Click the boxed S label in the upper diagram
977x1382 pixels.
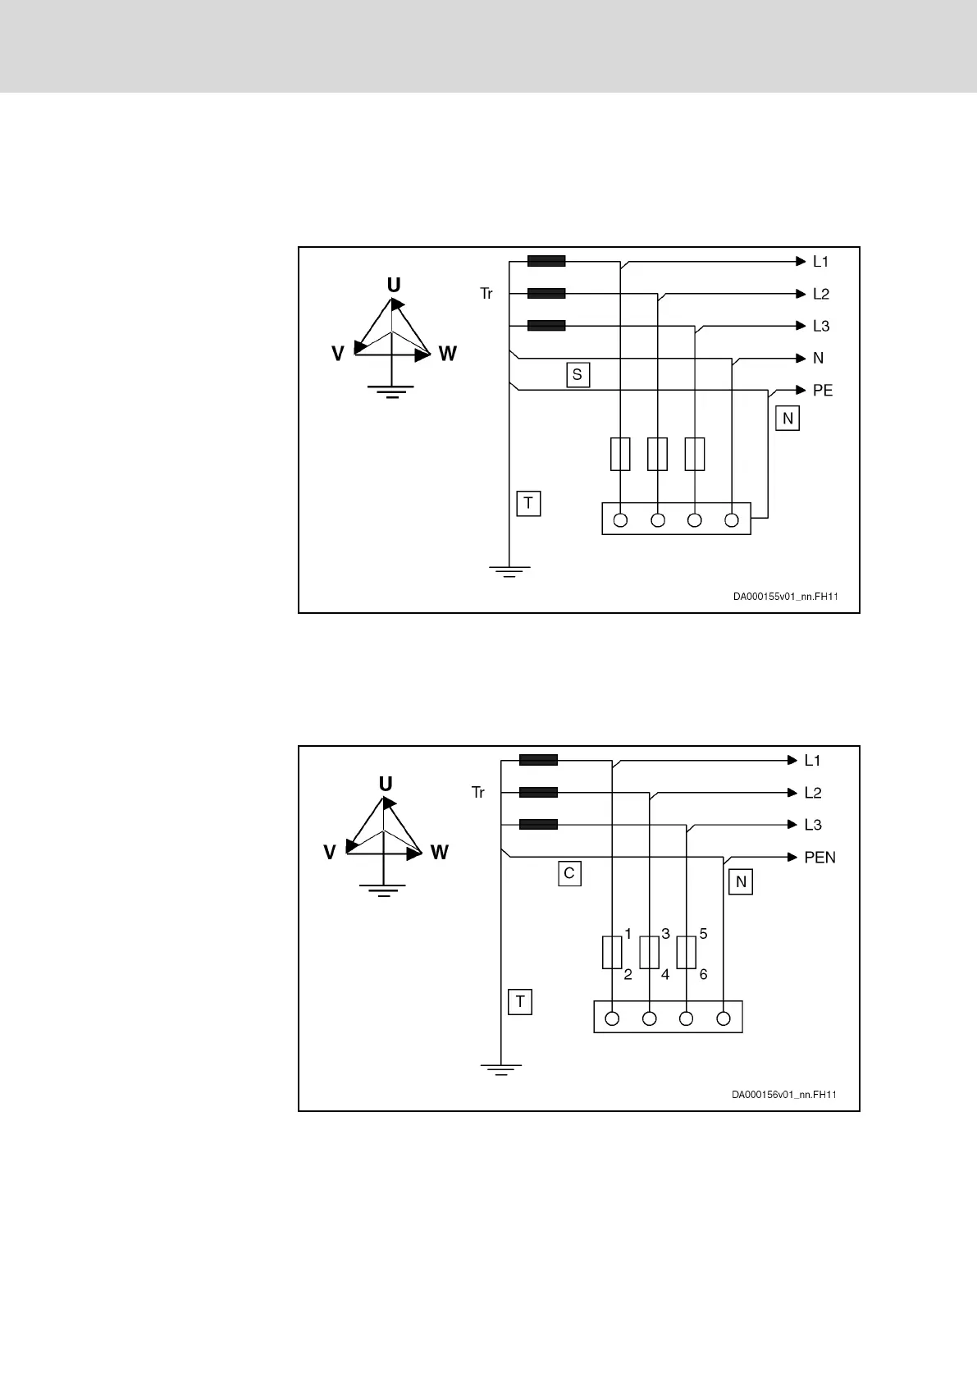pos(578,375)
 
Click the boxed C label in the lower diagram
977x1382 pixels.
pos(569,874)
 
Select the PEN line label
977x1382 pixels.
pos(819,858)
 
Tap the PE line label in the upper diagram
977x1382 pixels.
pos(822,391)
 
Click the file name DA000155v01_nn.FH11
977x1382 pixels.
pos(785,597)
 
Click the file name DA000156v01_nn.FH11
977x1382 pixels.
pos(784,1095)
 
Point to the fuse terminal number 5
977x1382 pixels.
pos(703,934)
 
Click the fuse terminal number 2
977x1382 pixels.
pos(628,975)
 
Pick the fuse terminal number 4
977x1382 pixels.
pos(665,975)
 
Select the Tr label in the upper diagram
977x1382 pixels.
pos(486,294)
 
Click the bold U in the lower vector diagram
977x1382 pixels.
pos(386,783)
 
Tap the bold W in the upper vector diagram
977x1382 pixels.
pos(448,354)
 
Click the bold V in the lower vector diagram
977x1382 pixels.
pos(330,853)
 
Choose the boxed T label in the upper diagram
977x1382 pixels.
pos(528,503)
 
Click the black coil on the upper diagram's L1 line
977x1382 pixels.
pos(546,262)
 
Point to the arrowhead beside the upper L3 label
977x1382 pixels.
pos(801,326)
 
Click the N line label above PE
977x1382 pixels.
pos(818,359)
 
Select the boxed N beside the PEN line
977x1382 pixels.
pos(741,882)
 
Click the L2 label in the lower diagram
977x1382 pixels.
pos(813,793)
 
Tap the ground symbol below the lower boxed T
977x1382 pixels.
pos(500,1069)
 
